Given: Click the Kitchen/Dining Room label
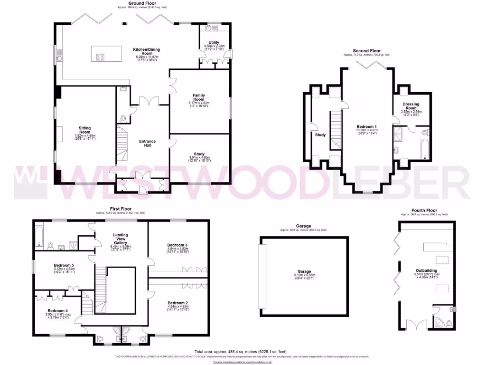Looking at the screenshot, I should click(147, 49).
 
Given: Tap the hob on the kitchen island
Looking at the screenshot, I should click(101, 58).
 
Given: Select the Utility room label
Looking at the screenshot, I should click(214, 42).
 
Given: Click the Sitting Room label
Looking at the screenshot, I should click(85, 130).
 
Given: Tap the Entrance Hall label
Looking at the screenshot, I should click(147, 144).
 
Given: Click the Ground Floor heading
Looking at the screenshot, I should click(143, 3).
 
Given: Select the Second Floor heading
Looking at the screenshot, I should click(367, 51).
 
